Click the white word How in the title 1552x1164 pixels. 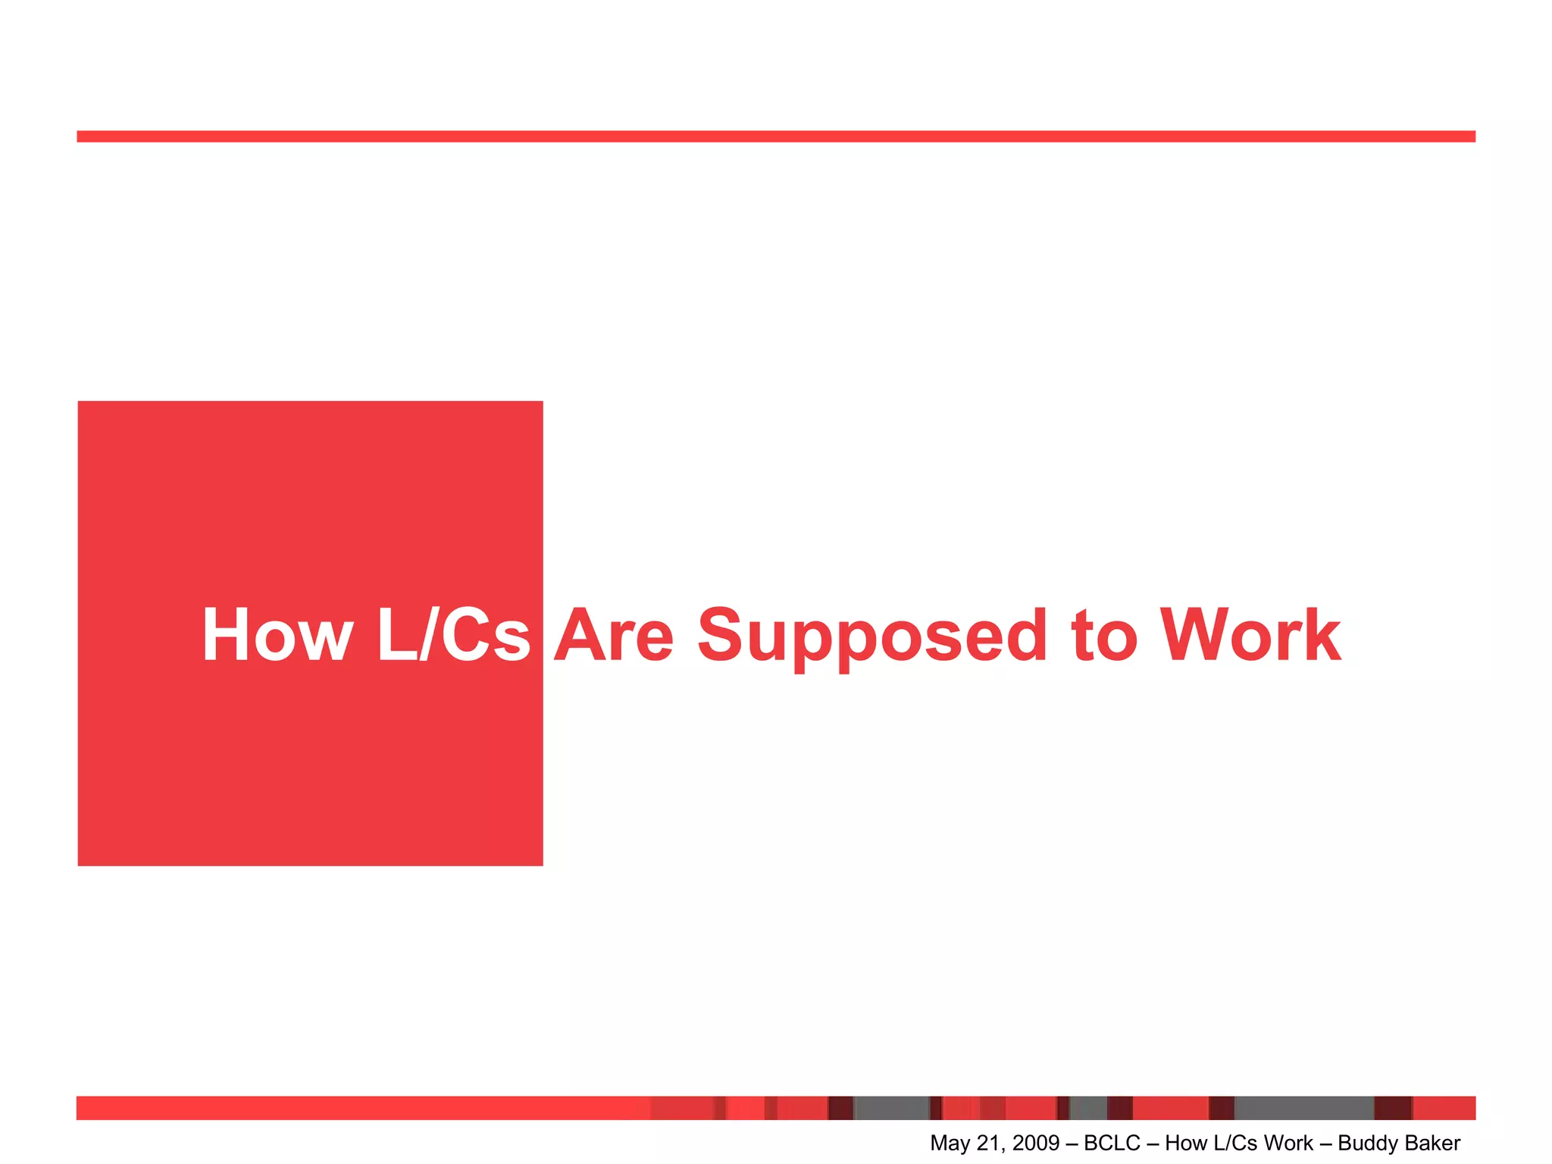point(277,635)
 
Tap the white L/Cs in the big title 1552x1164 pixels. point(453,635)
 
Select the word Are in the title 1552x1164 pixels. point(614,635)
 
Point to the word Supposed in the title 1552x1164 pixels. point(872,637)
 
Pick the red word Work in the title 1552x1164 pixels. point(1251,635)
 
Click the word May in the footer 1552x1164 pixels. point(950,1144)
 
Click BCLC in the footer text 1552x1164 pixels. point(1112,1144)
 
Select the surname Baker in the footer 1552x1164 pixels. point(1434,1144)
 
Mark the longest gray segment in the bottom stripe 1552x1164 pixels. point(1304,1108)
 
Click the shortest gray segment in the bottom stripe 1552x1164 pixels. point(1088,1108)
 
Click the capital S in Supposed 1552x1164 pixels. point(719,635)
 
